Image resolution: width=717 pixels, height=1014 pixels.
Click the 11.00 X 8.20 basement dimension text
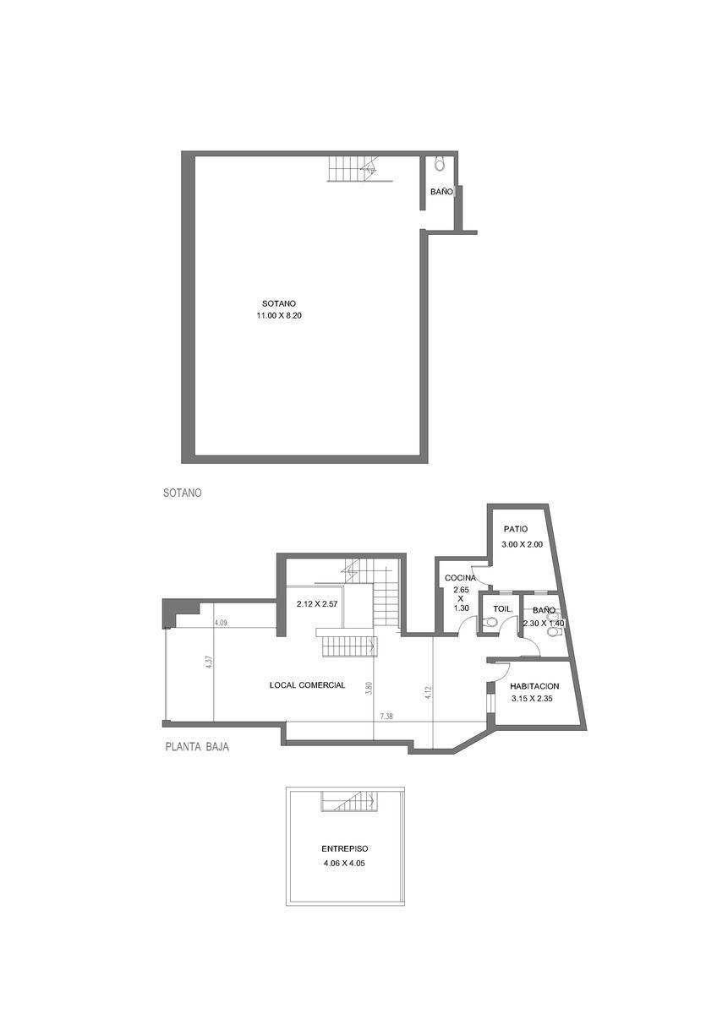pyautogui.click(x=279, y=316)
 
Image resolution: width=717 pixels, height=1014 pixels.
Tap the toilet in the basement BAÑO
pyautogui.click(x=439, y=164)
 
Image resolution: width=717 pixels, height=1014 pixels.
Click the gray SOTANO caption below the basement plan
pyautogui.click(x=182, y=493)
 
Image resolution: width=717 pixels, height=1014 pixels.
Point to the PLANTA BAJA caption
pyautogui.click(x=197, y=747)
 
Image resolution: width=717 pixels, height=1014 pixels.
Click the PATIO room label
pyautogui.click(x=516, y=529)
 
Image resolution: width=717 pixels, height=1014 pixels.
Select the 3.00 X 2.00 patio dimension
pyautogui.click(x=522, y=544)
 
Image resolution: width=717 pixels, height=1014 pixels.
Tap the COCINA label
pyautogui.click(x=460, y=578)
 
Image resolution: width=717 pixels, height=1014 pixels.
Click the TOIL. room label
pyautogui.click(x=503, y=609)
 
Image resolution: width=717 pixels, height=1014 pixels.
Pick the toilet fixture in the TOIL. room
pyautogui.click(x=490, y=623)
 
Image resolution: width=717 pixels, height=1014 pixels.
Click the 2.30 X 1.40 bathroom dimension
pyautogui.click(x=544, y=624)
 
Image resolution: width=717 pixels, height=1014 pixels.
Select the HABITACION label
pyautogui.click(x=534, y=686)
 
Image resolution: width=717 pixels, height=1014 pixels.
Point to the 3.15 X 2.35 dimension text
pyautogui.click(x=532, y=699)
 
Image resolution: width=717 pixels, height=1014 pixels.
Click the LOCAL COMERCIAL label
pyautogui.click(x=307, y=685)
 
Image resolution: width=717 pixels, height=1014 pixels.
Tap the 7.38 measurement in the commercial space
pyautogui.click(x=386, y=717)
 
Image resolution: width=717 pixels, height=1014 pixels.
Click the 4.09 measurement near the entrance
pyautogui.click(x=221, y=623)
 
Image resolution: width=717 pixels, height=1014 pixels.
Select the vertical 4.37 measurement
pyautogui.click(x=209, y=662)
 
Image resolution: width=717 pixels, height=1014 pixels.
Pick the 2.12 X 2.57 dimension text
pyautogui.click(x=317, y=604)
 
